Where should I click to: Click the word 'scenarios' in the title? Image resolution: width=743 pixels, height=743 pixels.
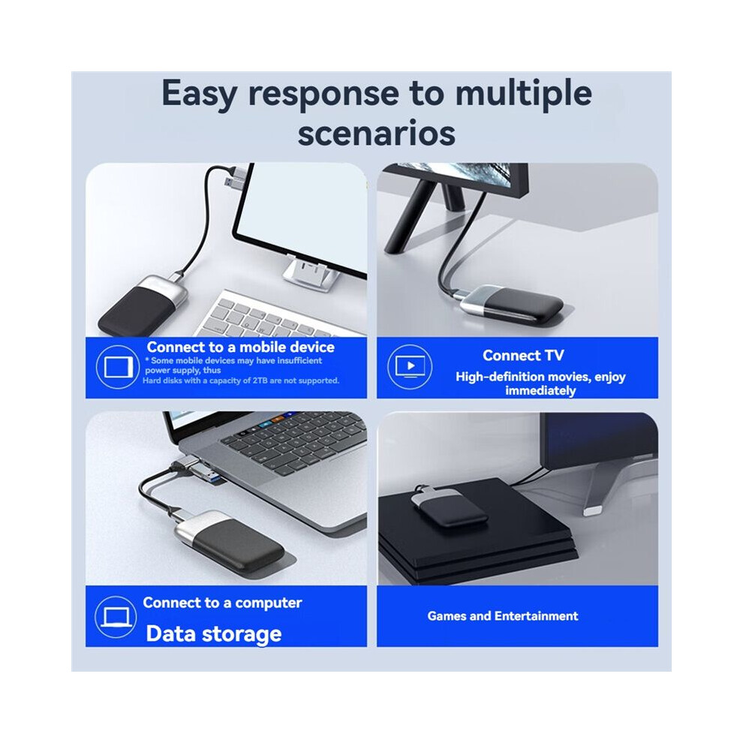point(376,133)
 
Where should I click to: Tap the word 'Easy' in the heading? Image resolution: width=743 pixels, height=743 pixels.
point(199,94)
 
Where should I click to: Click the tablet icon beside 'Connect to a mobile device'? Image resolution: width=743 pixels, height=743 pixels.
point(118,367)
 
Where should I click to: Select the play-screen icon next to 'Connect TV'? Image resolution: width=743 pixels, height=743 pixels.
point(410,367)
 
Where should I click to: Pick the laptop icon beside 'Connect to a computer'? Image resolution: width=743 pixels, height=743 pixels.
point(116,617)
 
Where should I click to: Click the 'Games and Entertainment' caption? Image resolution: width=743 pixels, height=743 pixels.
point(503,616)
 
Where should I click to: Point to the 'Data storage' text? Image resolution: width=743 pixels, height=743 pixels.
point(214,634)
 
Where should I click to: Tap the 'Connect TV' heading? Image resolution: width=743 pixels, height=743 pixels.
point(523,356)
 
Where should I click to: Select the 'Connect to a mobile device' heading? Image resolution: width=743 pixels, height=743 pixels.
point(241,347)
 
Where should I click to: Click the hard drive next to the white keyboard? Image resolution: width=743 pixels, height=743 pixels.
point(142,305)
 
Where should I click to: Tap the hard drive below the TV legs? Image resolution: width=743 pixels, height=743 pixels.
point(511,303)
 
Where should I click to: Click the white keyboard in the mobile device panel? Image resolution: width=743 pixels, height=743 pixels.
point(281,314)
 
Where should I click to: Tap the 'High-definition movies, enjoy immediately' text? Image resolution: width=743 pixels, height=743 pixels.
point(540,384)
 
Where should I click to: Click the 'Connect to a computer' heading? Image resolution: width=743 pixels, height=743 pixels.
point(222,603)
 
